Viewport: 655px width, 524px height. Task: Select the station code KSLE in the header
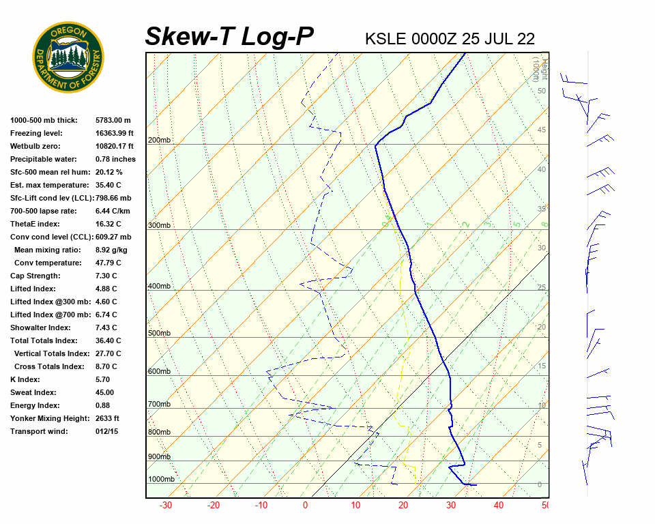[387, 38]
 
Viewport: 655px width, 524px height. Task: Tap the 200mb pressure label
[159, 141]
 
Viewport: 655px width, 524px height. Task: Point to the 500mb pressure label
[159, 334]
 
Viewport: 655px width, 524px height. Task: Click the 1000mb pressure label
[161, 480]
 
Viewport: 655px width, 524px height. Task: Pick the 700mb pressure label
[159, 405]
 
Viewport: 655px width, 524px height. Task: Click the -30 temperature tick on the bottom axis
[165, 506]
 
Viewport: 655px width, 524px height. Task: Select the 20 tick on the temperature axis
[403, 506]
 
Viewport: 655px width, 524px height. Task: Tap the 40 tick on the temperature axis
[499, 506]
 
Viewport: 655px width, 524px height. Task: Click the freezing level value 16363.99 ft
[115, 133]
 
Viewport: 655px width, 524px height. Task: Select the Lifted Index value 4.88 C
[106, 289]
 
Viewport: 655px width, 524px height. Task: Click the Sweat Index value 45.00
[104, 392]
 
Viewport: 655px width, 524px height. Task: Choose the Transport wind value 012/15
[106, 431]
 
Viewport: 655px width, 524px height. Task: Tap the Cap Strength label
[35, 276]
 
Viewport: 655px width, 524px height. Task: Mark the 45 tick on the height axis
[542, 130]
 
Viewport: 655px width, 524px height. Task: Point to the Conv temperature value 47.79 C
[108, 263]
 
